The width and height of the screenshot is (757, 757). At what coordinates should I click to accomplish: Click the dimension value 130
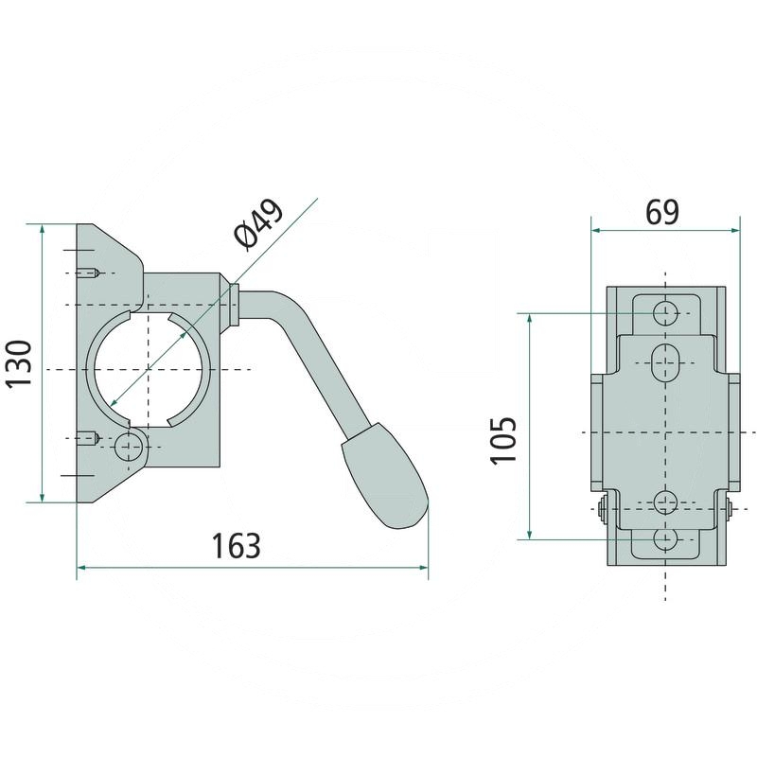tap(20, 364)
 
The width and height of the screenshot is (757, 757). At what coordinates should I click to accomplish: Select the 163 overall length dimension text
tap(235, 546)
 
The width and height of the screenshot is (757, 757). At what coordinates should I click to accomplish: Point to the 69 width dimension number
tap(662, 212)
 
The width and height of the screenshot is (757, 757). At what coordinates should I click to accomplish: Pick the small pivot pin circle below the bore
tap(126, 446)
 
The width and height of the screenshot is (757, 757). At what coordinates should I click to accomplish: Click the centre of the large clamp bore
tap(147, 368)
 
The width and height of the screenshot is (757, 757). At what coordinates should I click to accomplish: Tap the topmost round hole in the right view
tap(667, 312)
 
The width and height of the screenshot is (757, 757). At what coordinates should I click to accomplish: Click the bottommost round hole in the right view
tap(667, 538)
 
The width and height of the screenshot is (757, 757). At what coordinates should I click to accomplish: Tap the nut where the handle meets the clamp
tap(233, 304)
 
